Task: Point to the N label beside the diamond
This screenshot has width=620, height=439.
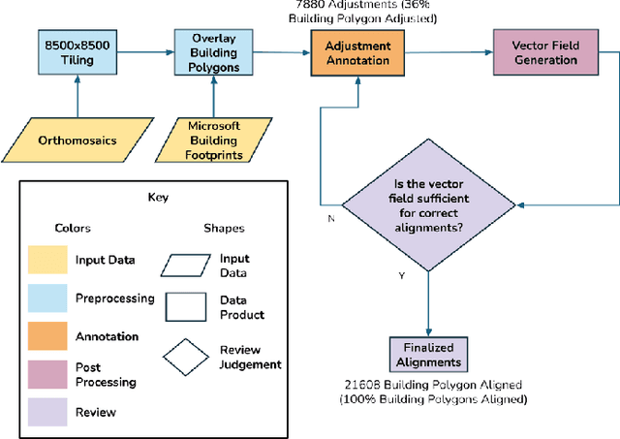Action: (330, 219)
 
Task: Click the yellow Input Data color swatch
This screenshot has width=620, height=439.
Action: (46, 260)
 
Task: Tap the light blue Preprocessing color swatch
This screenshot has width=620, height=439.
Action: (46, 298)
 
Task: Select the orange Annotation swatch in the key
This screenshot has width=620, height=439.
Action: (46, 336)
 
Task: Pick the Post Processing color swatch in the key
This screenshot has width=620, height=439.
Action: (46, 374)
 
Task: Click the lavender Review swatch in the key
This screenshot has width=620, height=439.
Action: (46, 412)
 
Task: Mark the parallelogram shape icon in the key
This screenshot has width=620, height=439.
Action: (188, 265)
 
